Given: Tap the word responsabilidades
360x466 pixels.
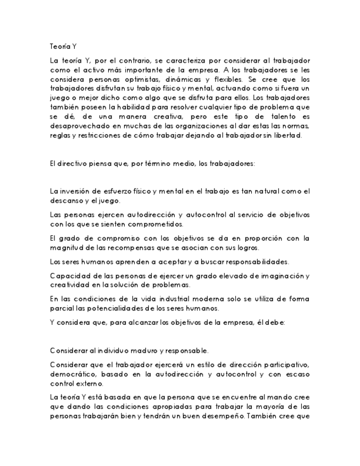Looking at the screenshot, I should (250, 262).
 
